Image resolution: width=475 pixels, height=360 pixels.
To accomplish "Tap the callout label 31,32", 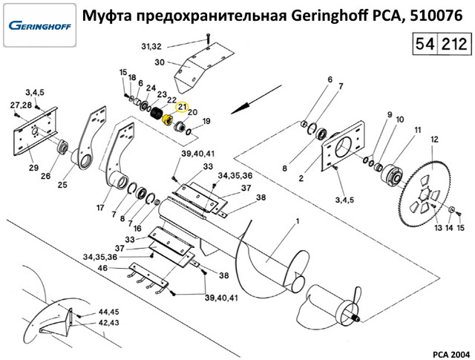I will point(150,48).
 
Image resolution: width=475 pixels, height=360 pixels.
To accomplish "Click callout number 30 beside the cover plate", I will point(159,62).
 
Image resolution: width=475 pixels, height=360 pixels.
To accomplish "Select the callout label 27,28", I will point(21,106).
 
